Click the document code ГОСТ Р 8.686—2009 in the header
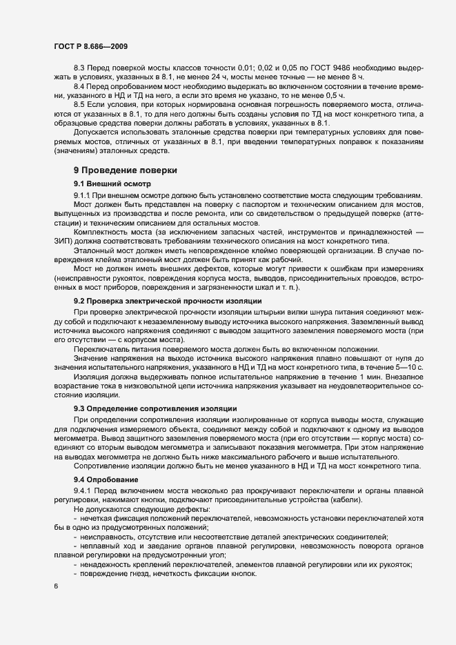pyautogui.click(x=90, y=46)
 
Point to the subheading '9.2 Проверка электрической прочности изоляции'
pyautogui.click(x=167, y=303)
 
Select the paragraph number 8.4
pyautogui.click(x=80, y=88)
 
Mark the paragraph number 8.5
pyautogui.click(x=80, y=104)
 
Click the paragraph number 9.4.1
pyautogui.click(x=83, y=490)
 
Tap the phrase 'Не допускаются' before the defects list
pyautogui.click(x=103, y=508)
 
